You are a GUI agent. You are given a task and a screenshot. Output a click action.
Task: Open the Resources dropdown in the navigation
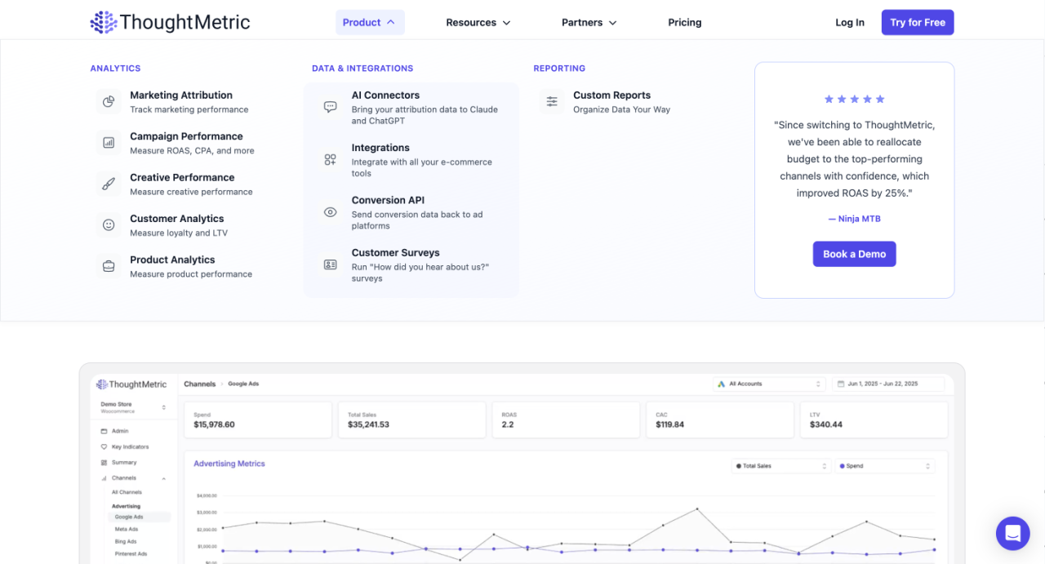478,23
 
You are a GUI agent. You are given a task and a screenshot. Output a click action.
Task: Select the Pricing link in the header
684,23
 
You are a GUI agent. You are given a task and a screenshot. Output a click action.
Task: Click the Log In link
849,23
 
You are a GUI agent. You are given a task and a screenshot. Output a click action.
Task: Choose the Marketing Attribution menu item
180,95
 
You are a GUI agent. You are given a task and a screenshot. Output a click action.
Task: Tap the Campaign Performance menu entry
186,136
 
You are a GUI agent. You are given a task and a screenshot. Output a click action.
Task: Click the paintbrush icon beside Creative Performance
109,184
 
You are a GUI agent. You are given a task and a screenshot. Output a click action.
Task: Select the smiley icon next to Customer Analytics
109,225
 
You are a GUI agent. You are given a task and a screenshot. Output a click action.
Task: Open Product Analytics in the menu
172,260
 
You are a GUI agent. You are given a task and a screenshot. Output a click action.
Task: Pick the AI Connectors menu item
385,95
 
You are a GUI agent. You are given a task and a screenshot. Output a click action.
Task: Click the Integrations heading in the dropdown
380,148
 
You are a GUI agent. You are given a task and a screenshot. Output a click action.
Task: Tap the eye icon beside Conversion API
330,212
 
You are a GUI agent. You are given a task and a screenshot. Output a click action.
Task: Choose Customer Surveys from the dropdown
395,253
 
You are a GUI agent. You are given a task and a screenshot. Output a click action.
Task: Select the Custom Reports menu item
611,95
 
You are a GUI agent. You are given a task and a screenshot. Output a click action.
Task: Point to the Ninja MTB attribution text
854,219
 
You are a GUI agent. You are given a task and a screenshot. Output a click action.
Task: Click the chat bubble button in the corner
1012,534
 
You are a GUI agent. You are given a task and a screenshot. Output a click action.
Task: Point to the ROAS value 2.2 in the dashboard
508,424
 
